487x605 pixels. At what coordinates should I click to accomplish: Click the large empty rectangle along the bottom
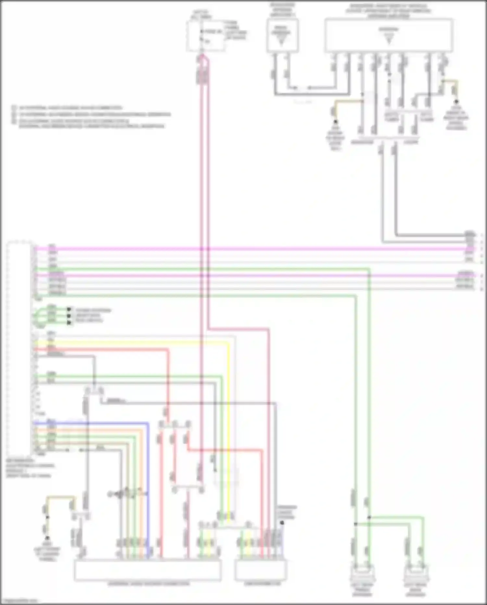148,570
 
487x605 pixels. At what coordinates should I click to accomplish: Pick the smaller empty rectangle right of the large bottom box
261,570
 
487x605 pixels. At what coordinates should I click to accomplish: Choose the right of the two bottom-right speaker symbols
416,574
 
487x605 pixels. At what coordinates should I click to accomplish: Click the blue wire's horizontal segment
97,423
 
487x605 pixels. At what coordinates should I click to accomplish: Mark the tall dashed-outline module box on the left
19,348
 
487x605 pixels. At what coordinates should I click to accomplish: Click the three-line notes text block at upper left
91,116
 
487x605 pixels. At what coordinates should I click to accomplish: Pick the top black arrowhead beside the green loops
69,310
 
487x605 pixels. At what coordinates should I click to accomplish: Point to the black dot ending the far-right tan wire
456,101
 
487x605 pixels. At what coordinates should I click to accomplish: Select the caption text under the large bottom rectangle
149,584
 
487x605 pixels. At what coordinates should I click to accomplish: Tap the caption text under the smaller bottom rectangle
262,584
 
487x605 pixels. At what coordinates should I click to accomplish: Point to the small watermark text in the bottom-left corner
19,601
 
